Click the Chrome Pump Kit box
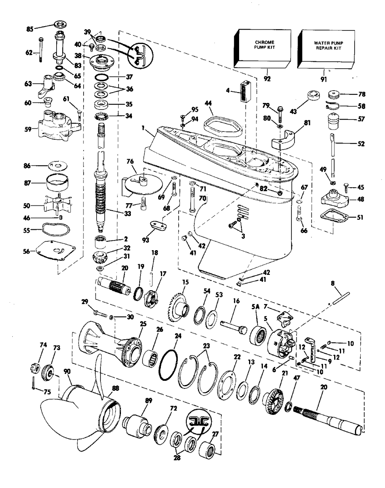pyautogui.click(x=262, y=49)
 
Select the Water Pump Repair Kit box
pyautogui.click(x=326, y=49)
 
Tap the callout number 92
pyautogui.click(x=267, y=79)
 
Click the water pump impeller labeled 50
pyautogui.click(x=58, y=205)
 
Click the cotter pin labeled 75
pyautogui.click(x=33, y=383)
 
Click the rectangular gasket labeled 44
pyautogui.click(x=223, y=126)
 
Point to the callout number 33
pyautogui.click(x=127, y=214)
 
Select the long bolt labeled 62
pyautogui.click(x=41, y=50)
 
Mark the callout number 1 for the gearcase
pyautogui.click(x=143, y=128)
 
